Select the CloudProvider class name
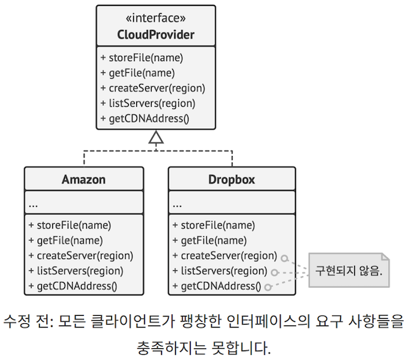155,35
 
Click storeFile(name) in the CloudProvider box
141,57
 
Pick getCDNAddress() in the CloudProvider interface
144,119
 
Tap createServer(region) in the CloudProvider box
152,88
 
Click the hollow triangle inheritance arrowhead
155,138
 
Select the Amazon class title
83,179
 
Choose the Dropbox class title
231,179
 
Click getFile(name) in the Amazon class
65,240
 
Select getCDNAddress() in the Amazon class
73,286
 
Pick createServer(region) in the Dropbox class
224,255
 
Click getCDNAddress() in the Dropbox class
216,286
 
